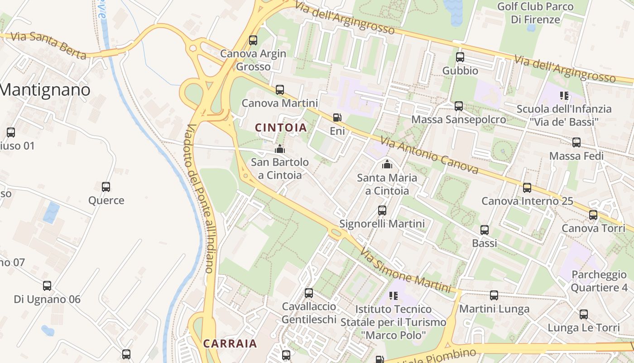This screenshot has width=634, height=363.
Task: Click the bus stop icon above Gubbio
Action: pos(460,57)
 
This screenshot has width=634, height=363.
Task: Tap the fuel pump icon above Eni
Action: pos(337,118)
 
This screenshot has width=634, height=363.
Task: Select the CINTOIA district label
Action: pos(281,128)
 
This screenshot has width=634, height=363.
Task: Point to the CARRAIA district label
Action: pos(230,343)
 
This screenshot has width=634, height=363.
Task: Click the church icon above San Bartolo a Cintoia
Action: pos(280,149)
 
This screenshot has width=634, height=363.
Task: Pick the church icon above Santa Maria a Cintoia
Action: pos(387,164)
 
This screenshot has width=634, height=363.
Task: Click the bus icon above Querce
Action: pos(106,186)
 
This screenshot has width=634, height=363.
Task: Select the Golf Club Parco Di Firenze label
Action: pos(535,13)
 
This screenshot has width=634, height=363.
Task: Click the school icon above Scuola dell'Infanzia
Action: pos(564,95)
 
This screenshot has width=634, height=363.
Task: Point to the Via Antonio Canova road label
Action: pos(429,155)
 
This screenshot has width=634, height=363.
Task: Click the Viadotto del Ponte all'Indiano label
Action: pos(200,198)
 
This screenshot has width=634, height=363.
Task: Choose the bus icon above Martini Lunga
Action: pos(494,295)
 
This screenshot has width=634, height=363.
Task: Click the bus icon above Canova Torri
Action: pos(593,215)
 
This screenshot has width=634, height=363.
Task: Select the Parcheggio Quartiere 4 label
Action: pos(599,281)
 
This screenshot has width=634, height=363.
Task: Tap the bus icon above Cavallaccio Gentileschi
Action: pos(309,293)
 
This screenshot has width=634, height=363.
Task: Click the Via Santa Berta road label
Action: pos(48,45)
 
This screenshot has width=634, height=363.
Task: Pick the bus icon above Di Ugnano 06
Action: pos(47,286)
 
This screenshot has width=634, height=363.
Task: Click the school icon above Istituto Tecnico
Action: pos(394,296)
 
